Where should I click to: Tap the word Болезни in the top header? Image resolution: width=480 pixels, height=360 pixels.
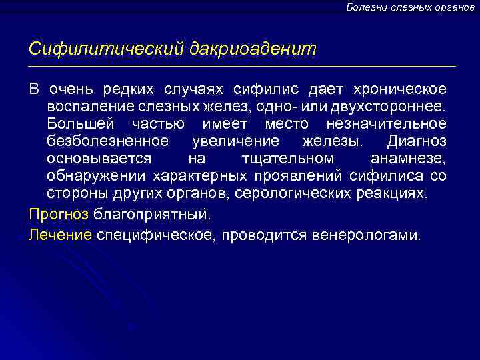pyautogui.click(x=365, y=7)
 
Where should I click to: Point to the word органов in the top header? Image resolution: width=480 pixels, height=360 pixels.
pyautogui.click(x=453, y=7)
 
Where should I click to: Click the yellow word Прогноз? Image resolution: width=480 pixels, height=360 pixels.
pyautogui.click(x=59, y=215)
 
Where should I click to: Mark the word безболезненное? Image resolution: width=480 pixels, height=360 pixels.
pyautogui.click(x=107, y=142)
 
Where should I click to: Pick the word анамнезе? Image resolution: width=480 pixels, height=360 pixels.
pyautogui.click(x=407, y=159)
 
